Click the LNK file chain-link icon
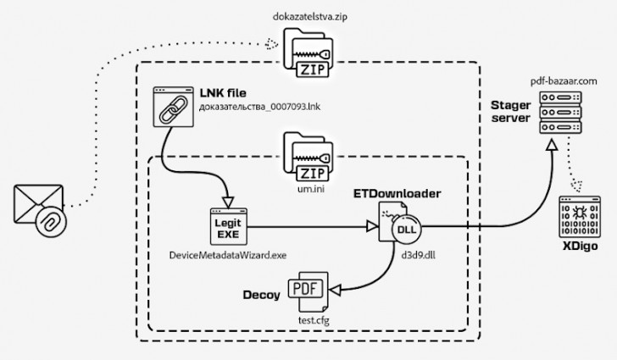175,108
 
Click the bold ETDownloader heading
397,194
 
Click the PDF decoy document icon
305,290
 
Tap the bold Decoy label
261,296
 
